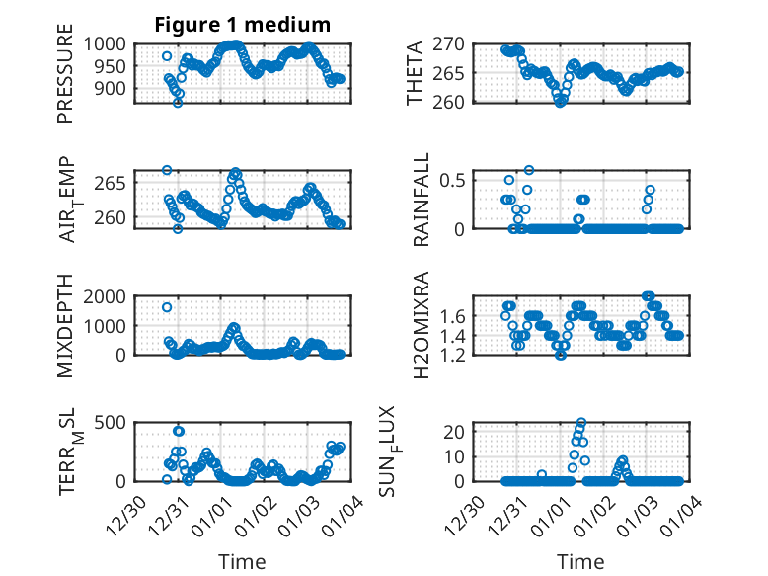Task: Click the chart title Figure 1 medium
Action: (x=242, y=24)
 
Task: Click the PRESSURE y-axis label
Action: (x=65, y=80)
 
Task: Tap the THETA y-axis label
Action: (x=415, y=73)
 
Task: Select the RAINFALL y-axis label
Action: (x=422, y=199)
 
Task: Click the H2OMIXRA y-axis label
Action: (x=422, y=325)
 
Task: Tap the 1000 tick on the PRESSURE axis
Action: (x=104, y=44)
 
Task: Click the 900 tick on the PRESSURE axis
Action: (x=110, y=89)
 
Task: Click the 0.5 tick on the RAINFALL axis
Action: (x=453, y=179)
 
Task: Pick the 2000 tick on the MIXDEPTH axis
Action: (x=104, y=296)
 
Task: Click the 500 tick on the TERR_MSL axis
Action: (x=110, y=423)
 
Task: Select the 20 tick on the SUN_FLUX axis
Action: (x=455, y=431)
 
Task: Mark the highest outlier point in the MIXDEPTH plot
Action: (x=167, y=307)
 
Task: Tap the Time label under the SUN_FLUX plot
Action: (x=580, y=561)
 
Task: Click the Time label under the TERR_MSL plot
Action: (x=242, y=561)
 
